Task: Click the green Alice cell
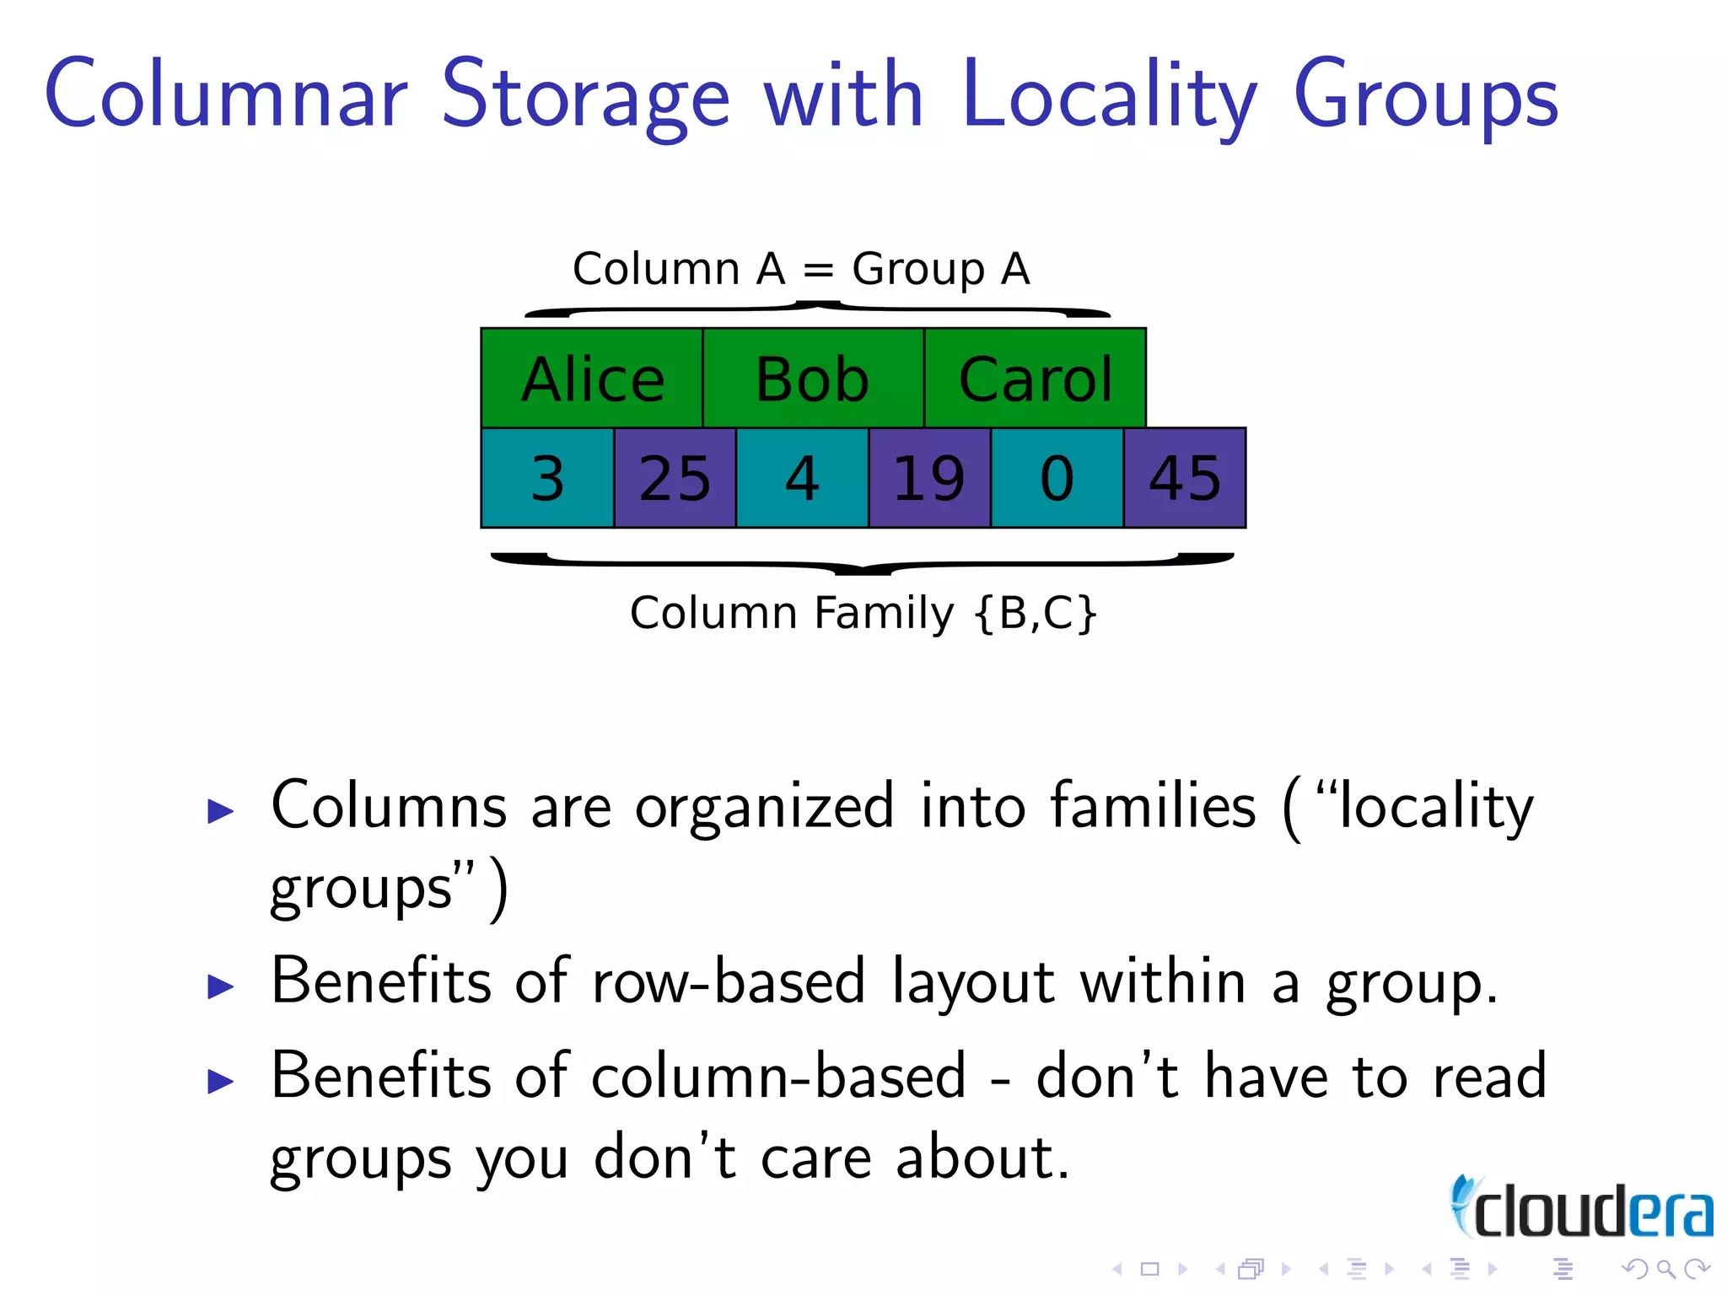click(x=592, y=379)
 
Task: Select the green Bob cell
click(x=813, y=379)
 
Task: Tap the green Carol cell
click(x=1035, y=379)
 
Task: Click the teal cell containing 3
click(x=547, y=478)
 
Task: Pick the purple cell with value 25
click(x=675, y=478)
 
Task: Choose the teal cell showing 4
click(x=802, y=478)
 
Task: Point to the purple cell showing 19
click(x=929, y=478)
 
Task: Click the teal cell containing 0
click(x=1057, y=478)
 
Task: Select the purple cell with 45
click(x=1185, y=478)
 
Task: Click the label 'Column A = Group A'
click(x=801, y=270)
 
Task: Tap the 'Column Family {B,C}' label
click(x=863, y=613)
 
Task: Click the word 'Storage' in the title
click(x=585, y=97)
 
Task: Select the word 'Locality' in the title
click(x=1109, y=97)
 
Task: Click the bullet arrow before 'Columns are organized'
click(x=220, y=811)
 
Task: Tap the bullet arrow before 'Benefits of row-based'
click(x=220, y=986)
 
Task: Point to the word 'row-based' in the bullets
click(x=729, y=982)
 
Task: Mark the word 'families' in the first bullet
click(x=1153, y=806)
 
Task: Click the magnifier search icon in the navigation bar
click(x=1665, y=1269)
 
